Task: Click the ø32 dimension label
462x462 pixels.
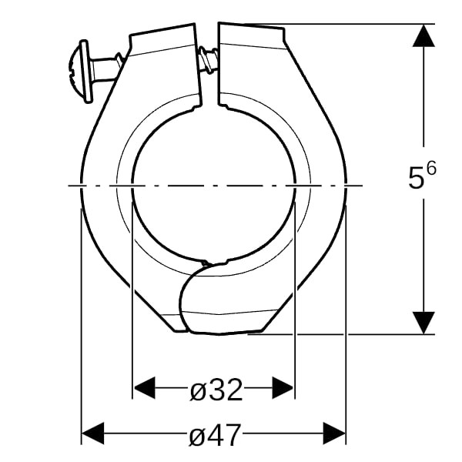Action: tap(216, 390)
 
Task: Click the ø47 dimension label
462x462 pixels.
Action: tap(215, 435)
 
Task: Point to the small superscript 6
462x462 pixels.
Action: tap(431, 169)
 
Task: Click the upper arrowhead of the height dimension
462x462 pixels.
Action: tap(423, 35)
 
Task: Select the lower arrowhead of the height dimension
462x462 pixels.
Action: tap(423, 323)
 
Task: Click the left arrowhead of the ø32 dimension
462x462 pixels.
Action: tap(144, 388)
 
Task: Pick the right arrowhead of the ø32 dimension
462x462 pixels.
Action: tap(283, 388)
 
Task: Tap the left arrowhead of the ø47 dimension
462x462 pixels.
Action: tap(93, 433)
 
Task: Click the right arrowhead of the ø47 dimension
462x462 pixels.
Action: tap(334, 433)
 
